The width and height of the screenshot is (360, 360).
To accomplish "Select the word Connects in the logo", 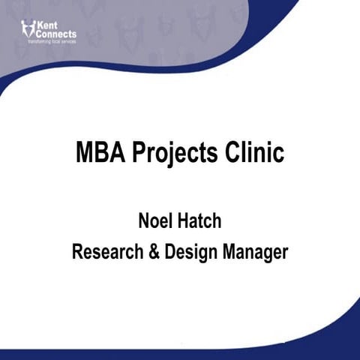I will (x=55, y=33).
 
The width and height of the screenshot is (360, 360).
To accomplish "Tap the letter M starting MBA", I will (x=85, y=153).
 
